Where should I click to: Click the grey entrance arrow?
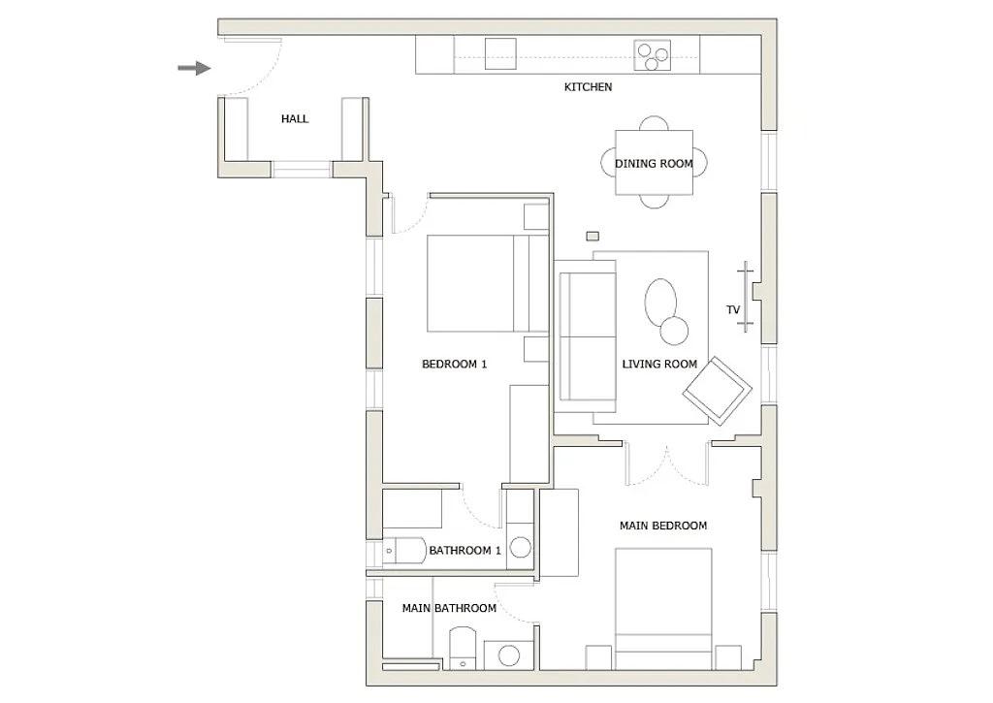coord(194,68)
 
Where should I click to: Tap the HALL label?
coord(295,119)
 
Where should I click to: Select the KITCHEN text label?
coord(588,87)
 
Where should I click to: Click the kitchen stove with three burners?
coord(653,56)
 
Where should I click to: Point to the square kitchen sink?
coord(501,54)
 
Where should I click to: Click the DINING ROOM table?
coord(654,163)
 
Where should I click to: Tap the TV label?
coord(733,310)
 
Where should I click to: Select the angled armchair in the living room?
coord(718,391)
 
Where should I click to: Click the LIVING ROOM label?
coord(659,365)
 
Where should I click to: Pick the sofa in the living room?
coord(586,336)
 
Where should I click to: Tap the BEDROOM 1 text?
coord(454,365)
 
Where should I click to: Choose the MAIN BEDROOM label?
coord(663,526)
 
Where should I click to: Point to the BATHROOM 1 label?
coord(464,551)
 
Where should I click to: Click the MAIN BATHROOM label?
coord(449,609)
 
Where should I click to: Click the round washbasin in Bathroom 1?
coord(521,546)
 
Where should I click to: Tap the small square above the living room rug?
coord(593,236)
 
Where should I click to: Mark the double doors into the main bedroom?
coord(666,462)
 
